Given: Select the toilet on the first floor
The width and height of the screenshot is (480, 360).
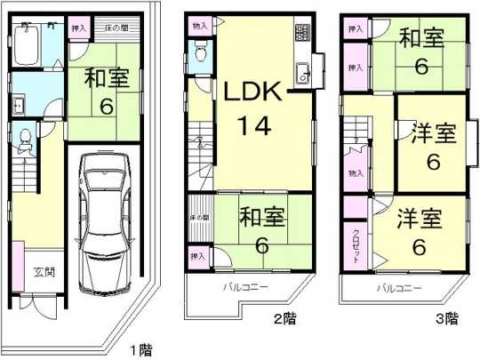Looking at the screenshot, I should click(x=24, y=139).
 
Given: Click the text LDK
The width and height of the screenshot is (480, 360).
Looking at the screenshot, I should click(x=252, y=91).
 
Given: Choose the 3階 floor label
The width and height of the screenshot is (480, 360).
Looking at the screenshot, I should click(x=446, y=317).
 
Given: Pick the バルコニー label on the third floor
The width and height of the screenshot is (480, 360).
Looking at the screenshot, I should click(x=396, y=289).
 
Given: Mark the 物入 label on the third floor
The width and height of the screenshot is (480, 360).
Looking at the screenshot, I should click(x=356, y=174).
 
